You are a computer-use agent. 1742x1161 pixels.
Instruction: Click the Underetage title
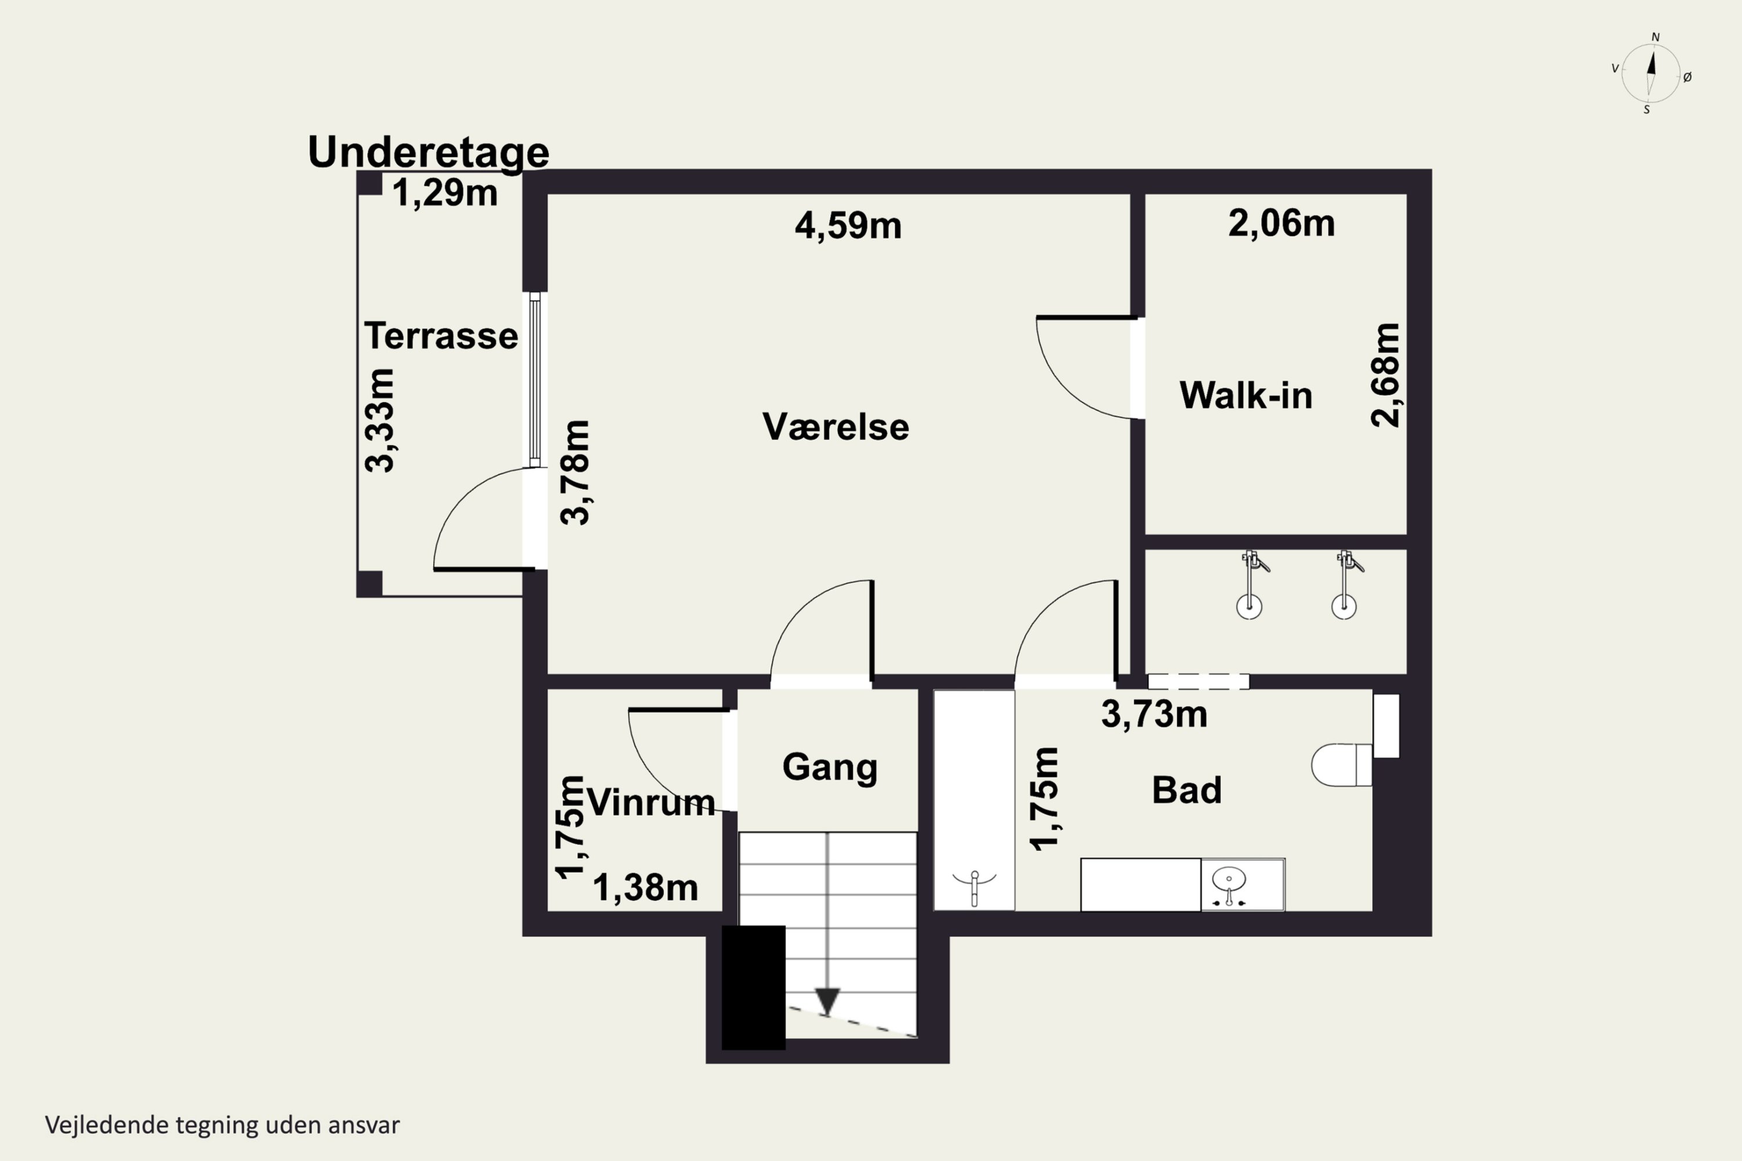[428, 153]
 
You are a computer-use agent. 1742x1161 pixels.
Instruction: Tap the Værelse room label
[836, 427]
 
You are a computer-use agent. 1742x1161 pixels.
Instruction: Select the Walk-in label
[1246, 395]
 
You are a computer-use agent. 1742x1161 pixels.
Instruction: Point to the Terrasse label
[441, 336]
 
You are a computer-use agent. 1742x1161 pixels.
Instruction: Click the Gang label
[830, 768]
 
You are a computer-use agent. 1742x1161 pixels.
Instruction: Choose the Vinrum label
[652, 803]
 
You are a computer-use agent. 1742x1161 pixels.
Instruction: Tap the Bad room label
[1186, 790]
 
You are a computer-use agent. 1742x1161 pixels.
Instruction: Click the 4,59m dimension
[848, 225]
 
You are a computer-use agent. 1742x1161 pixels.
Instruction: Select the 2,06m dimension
[1282, 223]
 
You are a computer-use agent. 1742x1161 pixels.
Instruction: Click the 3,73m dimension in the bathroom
[1154, 715]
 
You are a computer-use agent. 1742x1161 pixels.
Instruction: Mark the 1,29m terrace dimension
[444, 193]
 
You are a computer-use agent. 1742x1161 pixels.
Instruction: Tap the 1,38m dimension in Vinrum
[645, 888]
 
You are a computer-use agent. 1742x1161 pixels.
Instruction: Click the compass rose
[1650, 73]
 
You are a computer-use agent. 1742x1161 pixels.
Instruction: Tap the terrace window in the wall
[535, 379]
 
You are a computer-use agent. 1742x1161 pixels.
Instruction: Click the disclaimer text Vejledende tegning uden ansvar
[222, 1125]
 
